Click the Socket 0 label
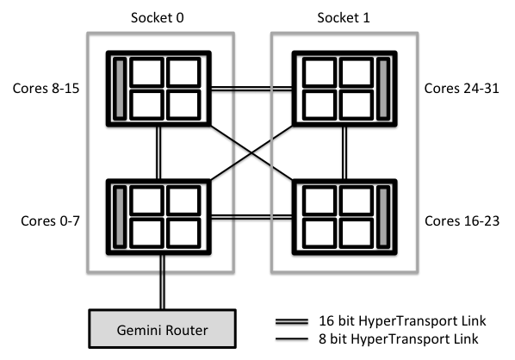[158, 18]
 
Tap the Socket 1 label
[344, 18]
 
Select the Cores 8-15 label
[46, 89]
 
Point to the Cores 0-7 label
[50, 220]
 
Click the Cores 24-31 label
[462, 89]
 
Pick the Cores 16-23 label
[462, 220]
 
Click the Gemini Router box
[162, 328]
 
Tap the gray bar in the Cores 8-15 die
[120, 89]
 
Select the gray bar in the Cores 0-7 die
[120, 217]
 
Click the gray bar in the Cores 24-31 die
[382, 89]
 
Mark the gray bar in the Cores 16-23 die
[382, 217]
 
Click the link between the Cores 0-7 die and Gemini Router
[162, 282]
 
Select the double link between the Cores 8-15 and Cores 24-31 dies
[251, 89]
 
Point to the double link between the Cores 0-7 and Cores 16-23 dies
[251, 217]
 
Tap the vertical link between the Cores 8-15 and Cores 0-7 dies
[158, 152]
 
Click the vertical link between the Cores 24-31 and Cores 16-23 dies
[344, 152]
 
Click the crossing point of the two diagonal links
[251, 152]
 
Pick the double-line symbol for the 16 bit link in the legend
[292, 321]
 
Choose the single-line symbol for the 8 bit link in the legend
[292, 338]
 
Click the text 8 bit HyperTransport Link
[398, 338]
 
